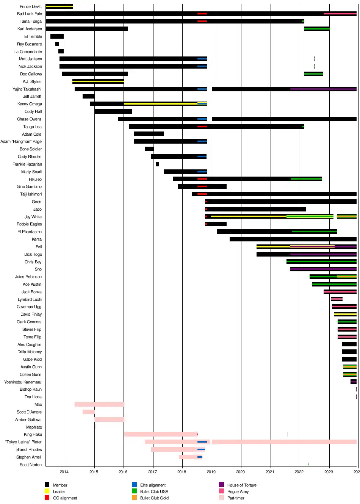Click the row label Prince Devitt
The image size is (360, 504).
coord(31,6)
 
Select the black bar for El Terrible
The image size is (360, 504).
coord(57,36)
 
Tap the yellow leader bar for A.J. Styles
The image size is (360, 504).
coord(98,81)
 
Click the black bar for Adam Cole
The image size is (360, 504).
coord(149,134)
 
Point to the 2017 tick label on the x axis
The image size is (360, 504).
coord(152,472)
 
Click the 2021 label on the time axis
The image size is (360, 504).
coord(270,472)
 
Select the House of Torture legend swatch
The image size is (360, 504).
coord(222,485)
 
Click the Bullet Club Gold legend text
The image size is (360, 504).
coord(154,498)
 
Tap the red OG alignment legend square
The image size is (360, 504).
coord(47,498)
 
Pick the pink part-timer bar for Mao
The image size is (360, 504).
coord(99,404)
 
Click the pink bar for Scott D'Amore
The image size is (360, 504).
coord(88,412)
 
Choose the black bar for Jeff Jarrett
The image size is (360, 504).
coord(88,96)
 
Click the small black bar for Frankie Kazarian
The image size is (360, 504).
coord(157,164)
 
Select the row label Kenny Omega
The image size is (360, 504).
coord(30,104)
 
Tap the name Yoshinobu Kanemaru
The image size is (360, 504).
coord(23,382)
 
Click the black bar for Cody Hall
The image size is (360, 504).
coord(113,111)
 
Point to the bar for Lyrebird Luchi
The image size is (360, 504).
coord(337,299)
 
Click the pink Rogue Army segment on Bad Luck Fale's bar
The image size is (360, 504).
coord(340,14)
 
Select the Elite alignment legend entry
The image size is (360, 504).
coord(153,485)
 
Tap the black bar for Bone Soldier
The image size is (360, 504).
coord(149,149)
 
